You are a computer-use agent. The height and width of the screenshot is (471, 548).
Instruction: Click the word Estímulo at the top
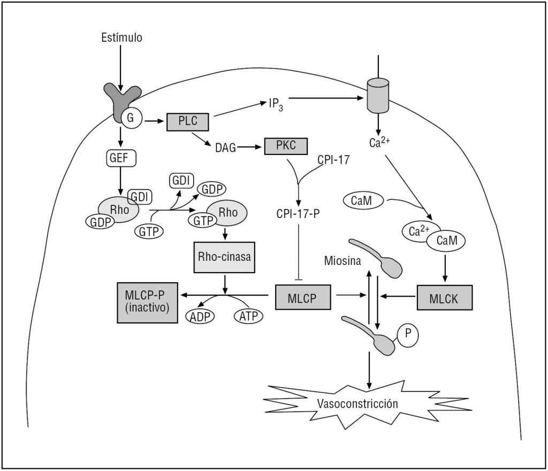(121, 37)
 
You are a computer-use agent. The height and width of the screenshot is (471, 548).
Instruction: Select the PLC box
(188, 121)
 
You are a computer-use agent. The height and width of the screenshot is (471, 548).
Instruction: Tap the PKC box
(286, 145)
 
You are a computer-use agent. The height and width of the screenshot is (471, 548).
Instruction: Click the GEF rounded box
(120, 158)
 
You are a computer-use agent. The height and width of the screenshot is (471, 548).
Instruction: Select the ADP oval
(200, 316)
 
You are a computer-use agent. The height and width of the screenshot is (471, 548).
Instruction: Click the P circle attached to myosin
(407, 335)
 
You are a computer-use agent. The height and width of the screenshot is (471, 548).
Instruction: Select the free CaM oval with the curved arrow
(364, 201)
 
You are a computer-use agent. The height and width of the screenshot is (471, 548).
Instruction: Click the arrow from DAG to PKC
(250, 146)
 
